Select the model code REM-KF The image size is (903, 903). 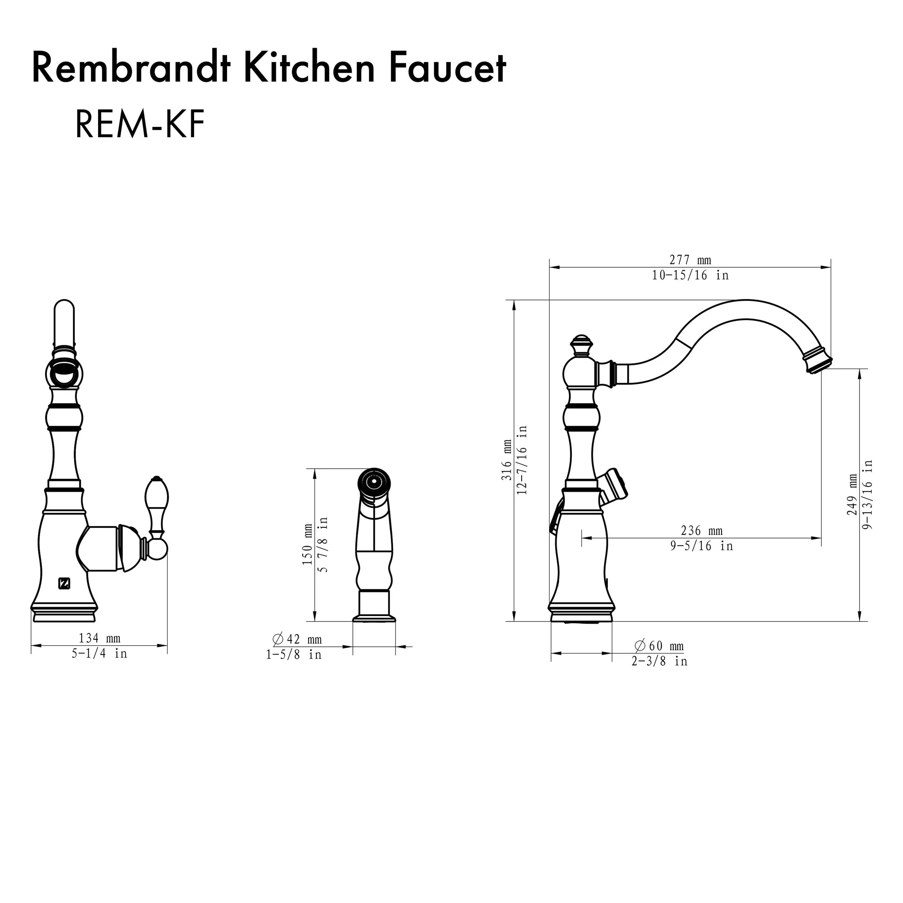coord(140,125)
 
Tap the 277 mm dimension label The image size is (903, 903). coord(690,260)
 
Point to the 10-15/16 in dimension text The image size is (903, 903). coord(690,275)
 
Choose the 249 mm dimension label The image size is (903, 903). coord(852,495)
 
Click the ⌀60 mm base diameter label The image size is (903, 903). coord(659,646)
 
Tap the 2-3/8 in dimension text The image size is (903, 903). coord(659,661)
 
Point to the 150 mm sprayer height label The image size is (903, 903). coord(307,545)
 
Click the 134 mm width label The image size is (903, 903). coord(100,638)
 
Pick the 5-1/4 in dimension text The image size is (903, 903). coord(100,653)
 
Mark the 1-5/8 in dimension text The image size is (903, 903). coord(294,654)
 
